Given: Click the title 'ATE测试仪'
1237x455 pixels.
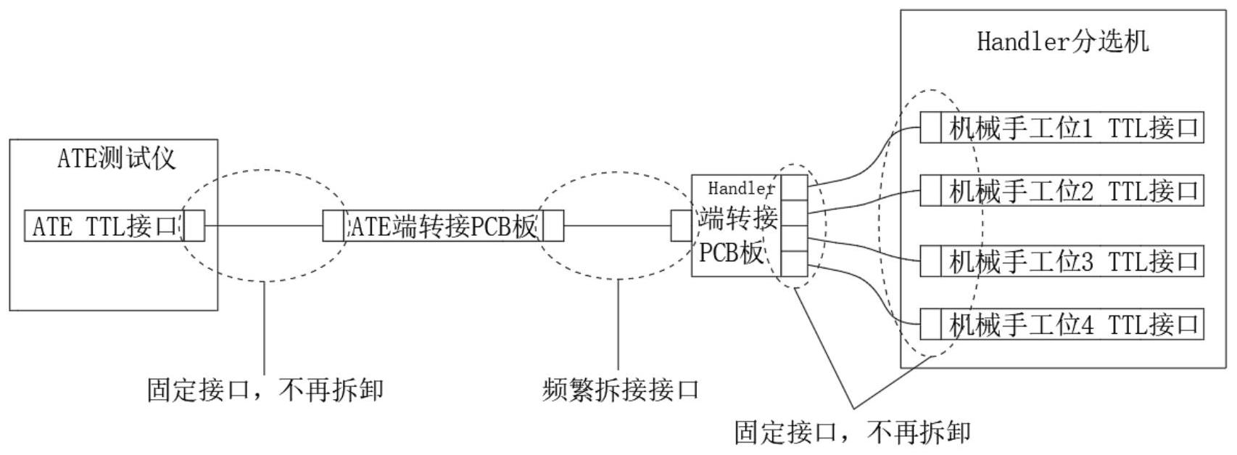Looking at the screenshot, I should pos(116,158).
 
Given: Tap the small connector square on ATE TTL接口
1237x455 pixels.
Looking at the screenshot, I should pos(194,226).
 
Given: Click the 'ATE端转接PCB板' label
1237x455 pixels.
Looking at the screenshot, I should pos(444,226).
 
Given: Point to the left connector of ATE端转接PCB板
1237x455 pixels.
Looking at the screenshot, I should pos(333,226).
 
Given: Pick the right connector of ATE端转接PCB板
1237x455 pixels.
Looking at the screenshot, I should pos(553,226).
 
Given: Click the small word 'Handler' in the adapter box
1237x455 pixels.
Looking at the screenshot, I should pos(741,189).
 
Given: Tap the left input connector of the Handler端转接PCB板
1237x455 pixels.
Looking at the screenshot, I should pos(681,226).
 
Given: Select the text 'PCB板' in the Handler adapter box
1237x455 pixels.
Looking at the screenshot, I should pos(731,253).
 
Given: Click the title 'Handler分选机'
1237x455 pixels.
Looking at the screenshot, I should pos(1062,41).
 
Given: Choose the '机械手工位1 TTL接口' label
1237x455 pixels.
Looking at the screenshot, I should pos(1073,128).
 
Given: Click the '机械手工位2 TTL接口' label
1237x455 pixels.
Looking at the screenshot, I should pos(1073,191).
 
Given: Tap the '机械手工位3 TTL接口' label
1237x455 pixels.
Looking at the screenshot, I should pos(1073,261).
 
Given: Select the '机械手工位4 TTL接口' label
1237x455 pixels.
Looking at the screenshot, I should pos(1073,324).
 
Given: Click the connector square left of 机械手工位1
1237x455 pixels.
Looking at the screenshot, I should pos(930,128).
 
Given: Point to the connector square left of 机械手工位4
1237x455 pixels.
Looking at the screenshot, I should pos(930,324).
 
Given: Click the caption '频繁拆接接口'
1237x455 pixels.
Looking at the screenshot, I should pos(621,390).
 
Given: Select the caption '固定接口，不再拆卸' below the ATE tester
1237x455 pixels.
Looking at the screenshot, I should pos(265,390).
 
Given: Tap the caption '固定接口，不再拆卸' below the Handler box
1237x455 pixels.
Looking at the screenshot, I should pos(852,433).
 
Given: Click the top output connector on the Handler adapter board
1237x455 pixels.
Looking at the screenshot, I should pos(795,187).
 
